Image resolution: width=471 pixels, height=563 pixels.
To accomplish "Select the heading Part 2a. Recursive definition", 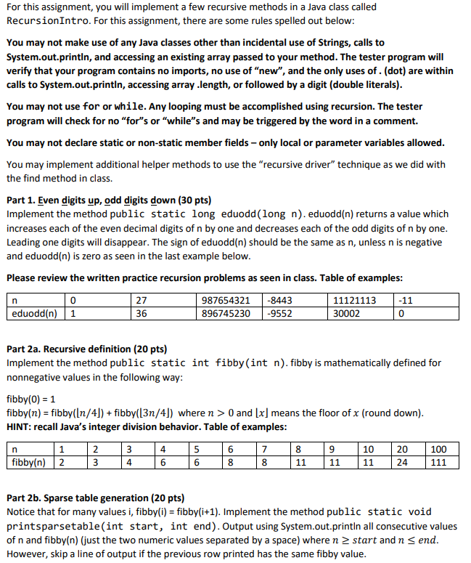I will [86, 349].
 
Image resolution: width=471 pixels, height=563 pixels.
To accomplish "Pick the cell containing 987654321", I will [225, 300].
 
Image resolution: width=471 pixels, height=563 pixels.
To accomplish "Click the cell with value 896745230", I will [225, 314].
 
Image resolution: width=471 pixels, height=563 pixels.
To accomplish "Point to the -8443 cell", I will [280, 300].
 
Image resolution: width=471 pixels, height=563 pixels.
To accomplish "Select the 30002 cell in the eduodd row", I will [346, 314].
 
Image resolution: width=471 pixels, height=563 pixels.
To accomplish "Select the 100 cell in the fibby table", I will [438, 448].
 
